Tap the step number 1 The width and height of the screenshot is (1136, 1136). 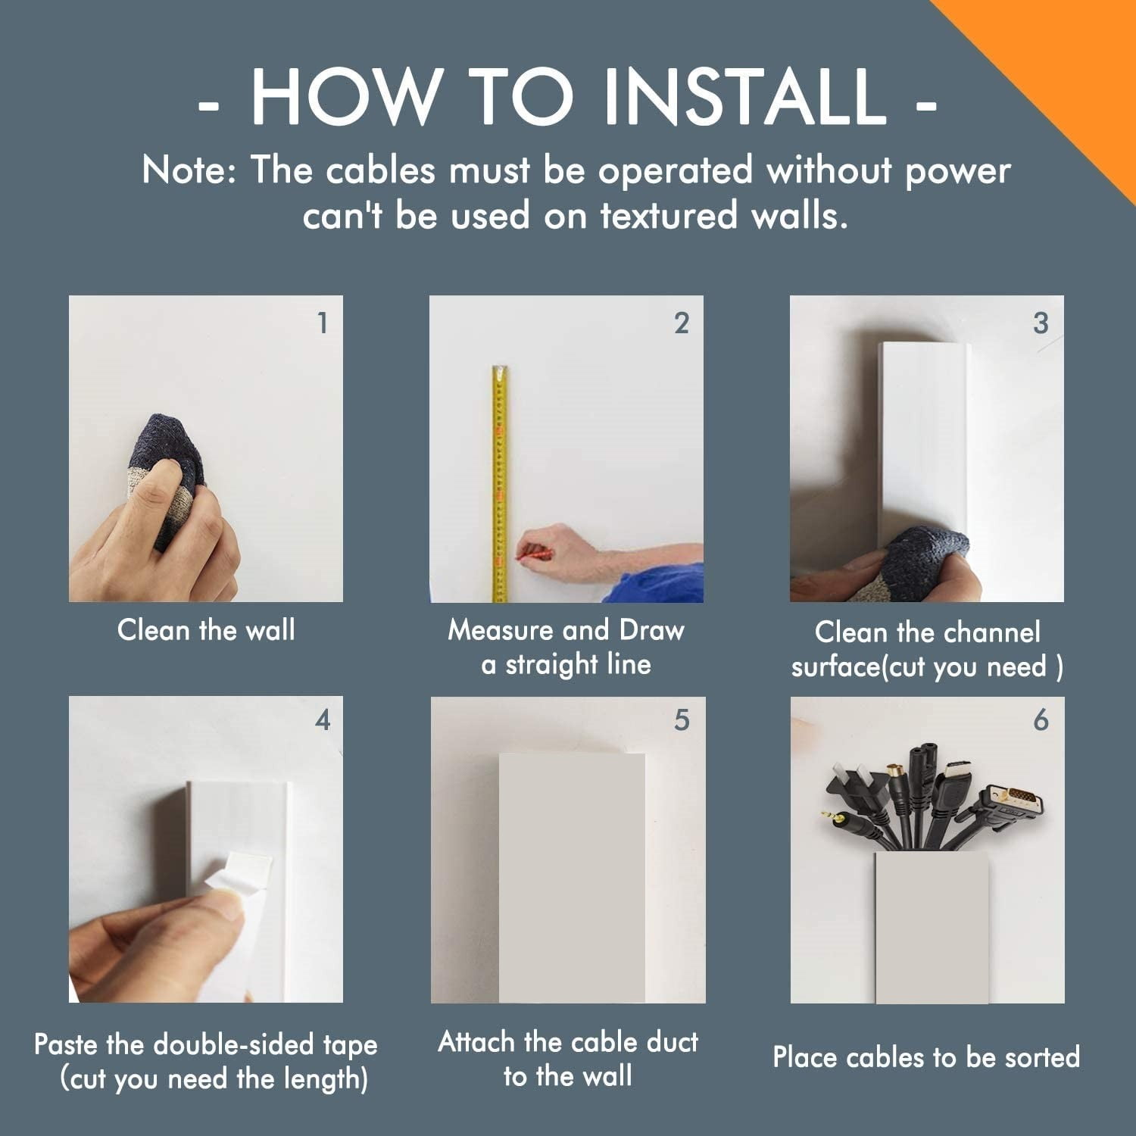323,323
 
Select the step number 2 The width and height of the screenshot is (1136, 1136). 682,323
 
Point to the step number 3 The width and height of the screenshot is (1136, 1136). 1041,323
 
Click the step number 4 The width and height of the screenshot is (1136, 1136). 323,719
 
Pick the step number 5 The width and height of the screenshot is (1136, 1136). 682,719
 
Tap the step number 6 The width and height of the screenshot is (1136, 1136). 1041,719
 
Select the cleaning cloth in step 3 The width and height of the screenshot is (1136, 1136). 920,564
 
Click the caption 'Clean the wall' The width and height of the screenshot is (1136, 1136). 206,630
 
